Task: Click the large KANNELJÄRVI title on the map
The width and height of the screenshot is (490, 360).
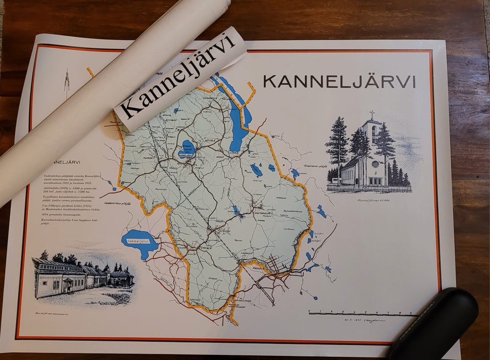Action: (339, 82)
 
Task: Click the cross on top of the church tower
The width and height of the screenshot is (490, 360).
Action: (372, 114)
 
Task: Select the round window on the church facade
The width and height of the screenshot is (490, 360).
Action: (375, 164)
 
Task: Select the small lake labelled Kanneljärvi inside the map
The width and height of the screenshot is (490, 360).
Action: (187, 149)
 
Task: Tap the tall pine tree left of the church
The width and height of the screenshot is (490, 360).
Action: (337, 145)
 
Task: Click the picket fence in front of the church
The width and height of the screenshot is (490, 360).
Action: (367, 188)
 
